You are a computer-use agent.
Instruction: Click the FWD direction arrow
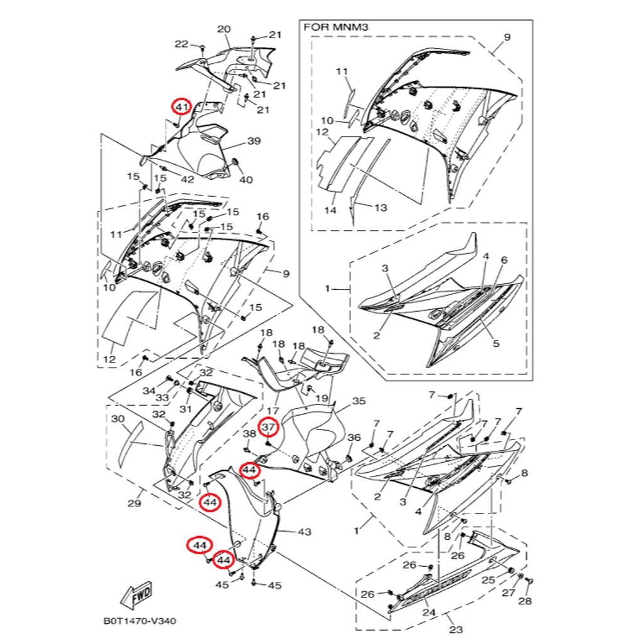point(136,595)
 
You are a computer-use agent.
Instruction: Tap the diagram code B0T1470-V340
point(140,622)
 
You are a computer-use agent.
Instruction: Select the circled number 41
point(181,107)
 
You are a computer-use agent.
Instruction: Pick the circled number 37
point(269,428)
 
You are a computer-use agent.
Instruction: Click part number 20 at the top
point(224,29)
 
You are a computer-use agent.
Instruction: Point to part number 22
point(181,44)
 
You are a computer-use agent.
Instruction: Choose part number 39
point(253,142)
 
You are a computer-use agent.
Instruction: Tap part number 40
point(246,180)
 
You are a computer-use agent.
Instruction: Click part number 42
point(187,179)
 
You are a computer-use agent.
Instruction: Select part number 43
point(304,532)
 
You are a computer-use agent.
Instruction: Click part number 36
point(354,438)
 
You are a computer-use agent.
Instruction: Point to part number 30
point(118,418)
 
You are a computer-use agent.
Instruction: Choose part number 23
point(456,629)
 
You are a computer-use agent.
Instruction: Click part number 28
point(525,601)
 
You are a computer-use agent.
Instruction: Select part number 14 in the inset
point(330,211)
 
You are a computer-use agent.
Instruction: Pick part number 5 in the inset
point(495,344)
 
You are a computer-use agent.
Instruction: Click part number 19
point(322,398)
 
